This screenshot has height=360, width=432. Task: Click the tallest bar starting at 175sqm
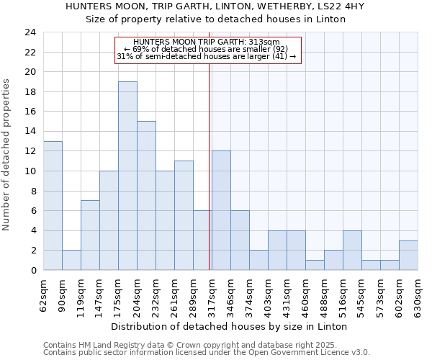pyautogui.click(x=127, y=176)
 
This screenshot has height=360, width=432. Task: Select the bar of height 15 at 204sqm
pyautogui.click(x=146, y=195)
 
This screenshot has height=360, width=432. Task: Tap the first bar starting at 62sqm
pyautogui.click(x=53, y=205)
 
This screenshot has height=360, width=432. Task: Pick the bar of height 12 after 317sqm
pyautogui.click(x=221, y=210)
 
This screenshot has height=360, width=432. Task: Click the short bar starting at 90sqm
pyautogui.click(x=71, y=260)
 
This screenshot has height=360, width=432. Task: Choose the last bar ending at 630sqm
pyautogui.click(x=408, y=255)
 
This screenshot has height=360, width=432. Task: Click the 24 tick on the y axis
pyautogui.click(x=30, y=32)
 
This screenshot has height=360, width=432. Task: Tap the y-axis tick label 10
pyautogui.click(x=30, y=171)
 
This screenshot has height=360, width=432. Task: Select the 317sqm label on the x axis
pyautogui.click(x=211, y=295)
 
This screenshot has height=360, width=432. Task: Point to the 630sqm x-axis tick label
pyautogui.click(x=418, y=295)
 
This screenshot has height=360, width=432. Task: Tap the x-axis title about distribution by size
pyautogui.click(x=230, y=326)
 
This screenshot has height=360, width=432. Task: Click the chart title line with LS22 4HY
pyautogui.click(x=215, y=6)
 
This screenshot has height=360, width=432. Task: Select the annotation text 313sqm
pyautogui.click(x=207, y=42)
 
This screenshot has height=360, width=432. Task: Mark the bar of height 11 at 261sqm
pyautogui.click(x=184, y=215)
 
